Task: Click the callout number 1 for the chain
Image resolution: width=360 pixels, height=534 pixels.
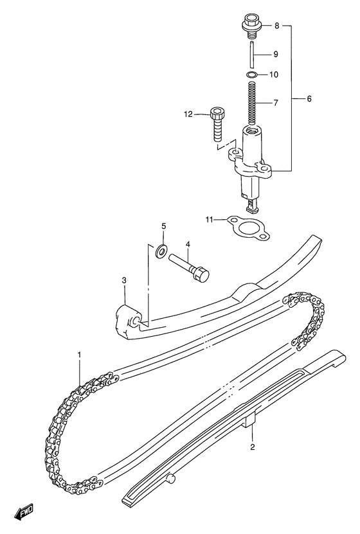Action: pyautogui.click(x=80, y=354)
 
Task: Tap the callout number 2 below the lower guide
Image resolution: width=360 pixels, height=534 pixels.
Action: pyautogui.click(x=252, y=446)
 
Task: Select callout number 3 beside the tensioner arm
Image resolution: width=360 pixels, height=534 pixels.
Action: pyautogui.click(x=124, y=280)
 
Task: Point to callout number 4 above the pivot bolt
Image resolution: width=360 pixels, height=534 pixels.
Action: pyautogui.click(x=188, y=244)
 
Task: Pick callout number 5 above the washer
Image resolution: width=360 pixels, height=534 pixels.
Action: pyautogui.click(x=163, y=226)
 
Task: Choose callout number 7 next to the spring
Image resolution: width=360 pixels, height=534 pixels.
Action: pyautogui.click(x=274, y=103)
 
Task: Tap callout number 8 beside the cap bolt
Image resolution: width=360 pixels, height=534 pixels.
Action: pyautogui.click(x=276, y=26)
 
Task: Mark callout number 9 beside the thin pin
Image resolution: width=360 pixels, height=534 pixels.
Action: pyautogui.click(x=275, y=54)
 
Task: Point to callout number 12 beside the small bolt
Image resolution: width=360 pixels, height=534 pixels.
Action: pyautogui.click(x=188, y=114)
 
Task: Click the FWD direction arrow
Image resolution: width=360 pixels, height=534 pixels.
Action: pyautogui.click(x=24, y=513)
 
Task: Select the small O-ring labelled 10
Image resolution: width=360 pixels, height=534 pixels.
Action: pyautogui.click(x=252, y=76)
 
